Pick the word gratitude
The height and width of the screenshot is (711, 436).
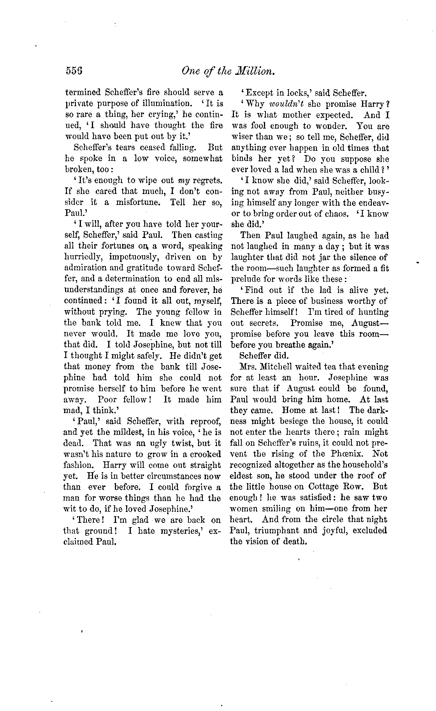pyautogui.click(x=146, y=268)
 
